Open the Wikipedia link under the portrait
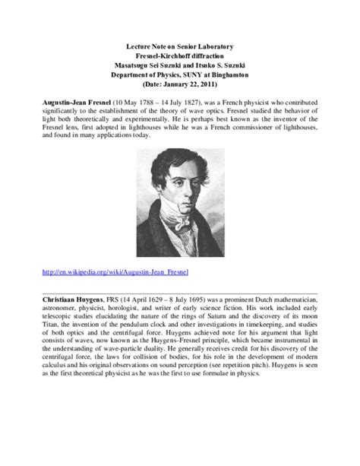[115, 271]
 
